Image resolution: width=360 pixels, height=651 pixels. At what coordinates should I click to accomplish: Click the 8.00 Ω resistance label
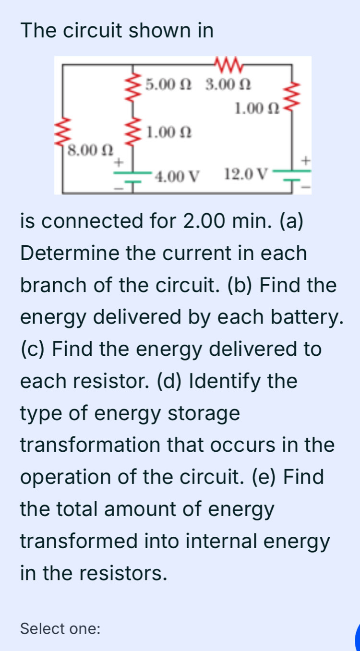90,150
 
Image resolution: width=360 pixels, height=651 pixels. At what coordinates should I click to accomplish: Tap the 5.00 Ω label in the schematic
168,84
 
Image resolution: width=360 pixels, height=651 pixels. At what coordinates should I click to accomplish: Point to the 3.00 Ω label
228,84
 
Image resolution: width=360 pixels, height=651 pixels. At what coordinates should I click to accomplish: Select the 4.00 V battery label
177,176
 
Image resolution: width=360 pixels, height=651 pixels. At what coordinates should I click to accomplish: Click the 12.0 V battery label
246,174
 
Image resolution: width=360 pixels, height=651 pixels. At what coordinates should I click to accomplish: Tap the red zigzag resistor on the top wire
228,64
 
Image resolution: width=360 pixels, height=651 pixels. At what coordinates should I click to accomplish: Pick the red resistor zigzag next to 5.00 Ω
133,86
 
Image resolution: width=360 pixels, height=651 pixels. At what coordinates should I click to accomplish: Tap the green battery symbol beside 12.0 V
292,175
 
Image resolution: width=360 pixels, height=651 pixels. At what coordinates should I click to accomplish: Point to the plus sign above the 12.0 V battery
305,160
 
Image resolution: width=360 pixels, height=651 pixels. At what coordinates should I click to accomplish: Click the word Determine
70,253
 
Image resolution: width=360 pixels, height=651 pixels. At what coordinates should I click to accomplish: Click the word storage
204,413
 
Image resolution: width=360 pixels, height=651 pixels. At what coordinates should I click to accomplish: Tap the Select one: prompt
60,628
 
